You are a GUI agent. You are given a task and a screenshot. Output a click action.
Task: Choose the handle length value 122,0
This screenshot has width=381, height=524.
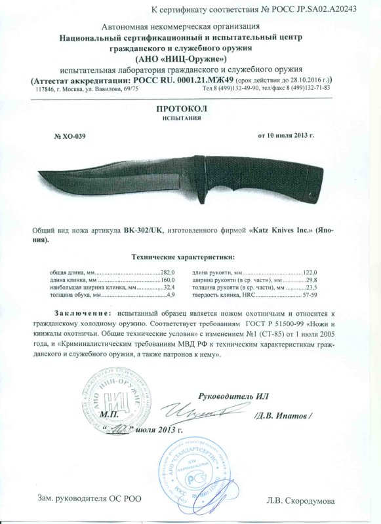[310, 271]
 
